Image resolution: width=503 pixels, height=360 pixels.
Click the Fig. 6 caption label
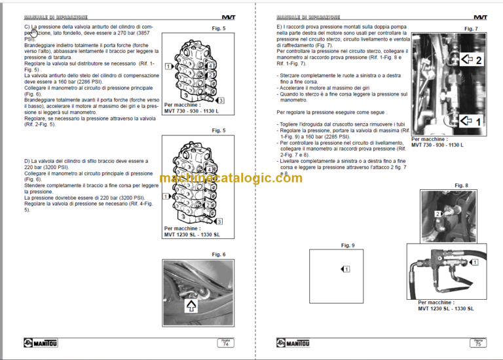point(219,254)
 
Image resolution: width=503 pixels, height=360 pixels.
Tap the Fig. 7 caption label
point(470,29)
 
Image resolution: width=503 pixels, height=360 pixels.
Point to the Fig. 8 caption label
point(462,186)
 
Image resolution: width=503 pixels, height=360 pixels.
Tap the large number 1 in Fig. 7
point(477,122)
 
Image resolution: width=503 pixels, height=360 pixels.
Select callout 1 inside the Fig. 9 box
point(346,269)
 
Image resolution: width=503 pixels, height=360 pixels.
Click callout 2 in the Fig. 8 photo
point(438,214)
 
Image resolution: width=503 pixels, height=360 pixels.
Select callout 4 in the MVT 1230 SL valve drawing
point(168,196)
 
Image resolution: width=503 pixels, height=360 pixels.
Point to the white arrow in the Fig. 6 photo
point(192,305)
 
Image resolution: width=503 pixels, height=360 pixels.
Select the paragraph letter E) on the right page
point(280,27)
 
